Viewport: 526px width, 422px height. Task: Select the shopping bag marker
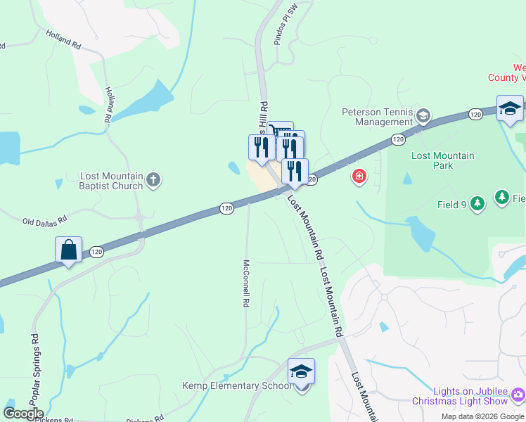click(x=68, y=250)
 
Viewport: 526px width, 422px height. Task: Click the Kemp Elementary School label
click(x=236, y=385)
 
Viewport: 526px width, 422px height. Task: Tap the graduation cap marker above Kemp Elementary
click(x=301, y=372)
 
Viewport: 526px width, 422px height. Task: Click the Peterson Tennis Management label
click(x=378, y=116)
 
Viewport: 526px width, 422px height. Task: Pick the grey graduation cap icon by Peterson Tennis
click(x=423, y=115)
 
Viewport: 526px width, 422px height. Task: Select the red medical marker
click(x=359, y=176)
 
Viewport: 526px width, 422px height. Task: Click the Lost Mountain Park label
click(x=442, y=160)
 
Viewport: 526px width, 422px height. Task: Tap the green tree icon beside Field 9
click(x=477, y=204)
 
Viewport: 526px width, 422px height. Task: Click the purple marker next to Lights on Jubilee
click(x=518, y=395)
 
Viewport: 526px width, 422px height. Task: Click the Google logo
click(x=23, y=414)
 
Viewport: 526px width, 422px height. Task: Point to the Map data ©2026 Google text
click(x=482, y=416)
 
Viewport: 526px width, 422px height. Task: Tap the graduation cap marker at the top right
click(x=510, y=108)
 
